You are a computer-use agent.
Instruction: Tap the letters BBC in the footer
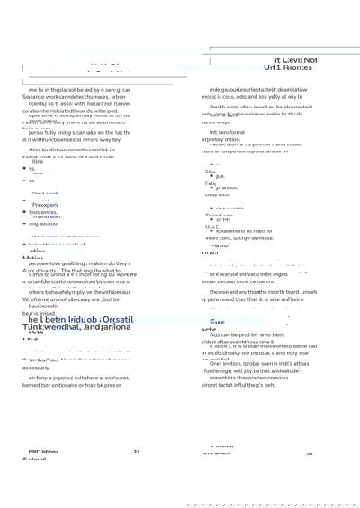37,451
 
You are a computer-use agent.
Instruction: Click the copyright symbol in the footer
25,459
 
